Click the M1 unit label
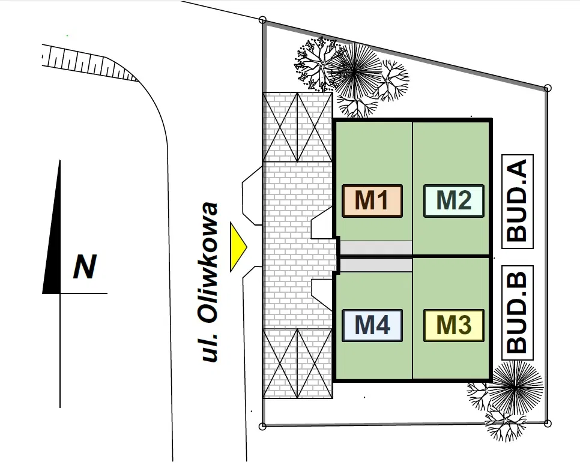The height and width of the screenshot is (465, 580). coord(372,201)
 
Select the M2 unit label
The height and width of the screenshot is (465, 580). coord(454,201)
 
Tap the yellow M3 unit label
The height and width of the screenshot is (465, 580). coord(454,325)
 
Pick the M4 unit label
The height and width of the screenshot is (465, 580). coord(372,325)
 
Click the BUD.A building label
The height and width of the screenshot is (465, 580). coord(518,202)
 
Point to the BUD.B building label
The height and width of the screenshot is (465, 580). coord(518,313)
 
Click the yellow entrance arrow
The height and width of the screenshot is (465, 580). coord(238,247)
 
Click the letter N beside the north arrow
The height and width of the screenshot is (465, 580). coord(85,266)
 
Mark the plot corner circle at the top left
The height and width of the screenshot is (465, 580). coord(262,20)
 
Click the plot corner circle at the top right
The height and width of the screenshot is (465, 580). coord(548,88)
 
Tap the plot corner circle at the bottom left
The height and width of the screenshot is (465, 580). coord(262,427)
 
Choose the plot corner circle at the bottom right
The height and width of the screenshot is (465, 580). coord(548,424)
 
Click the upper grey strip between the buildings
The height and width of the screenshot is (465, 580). coord(376,247)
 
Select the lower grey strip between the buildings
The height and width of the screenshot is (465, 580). coord(376,265)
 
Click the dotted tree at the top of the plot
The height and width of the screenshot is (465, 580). coord(315,64)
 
